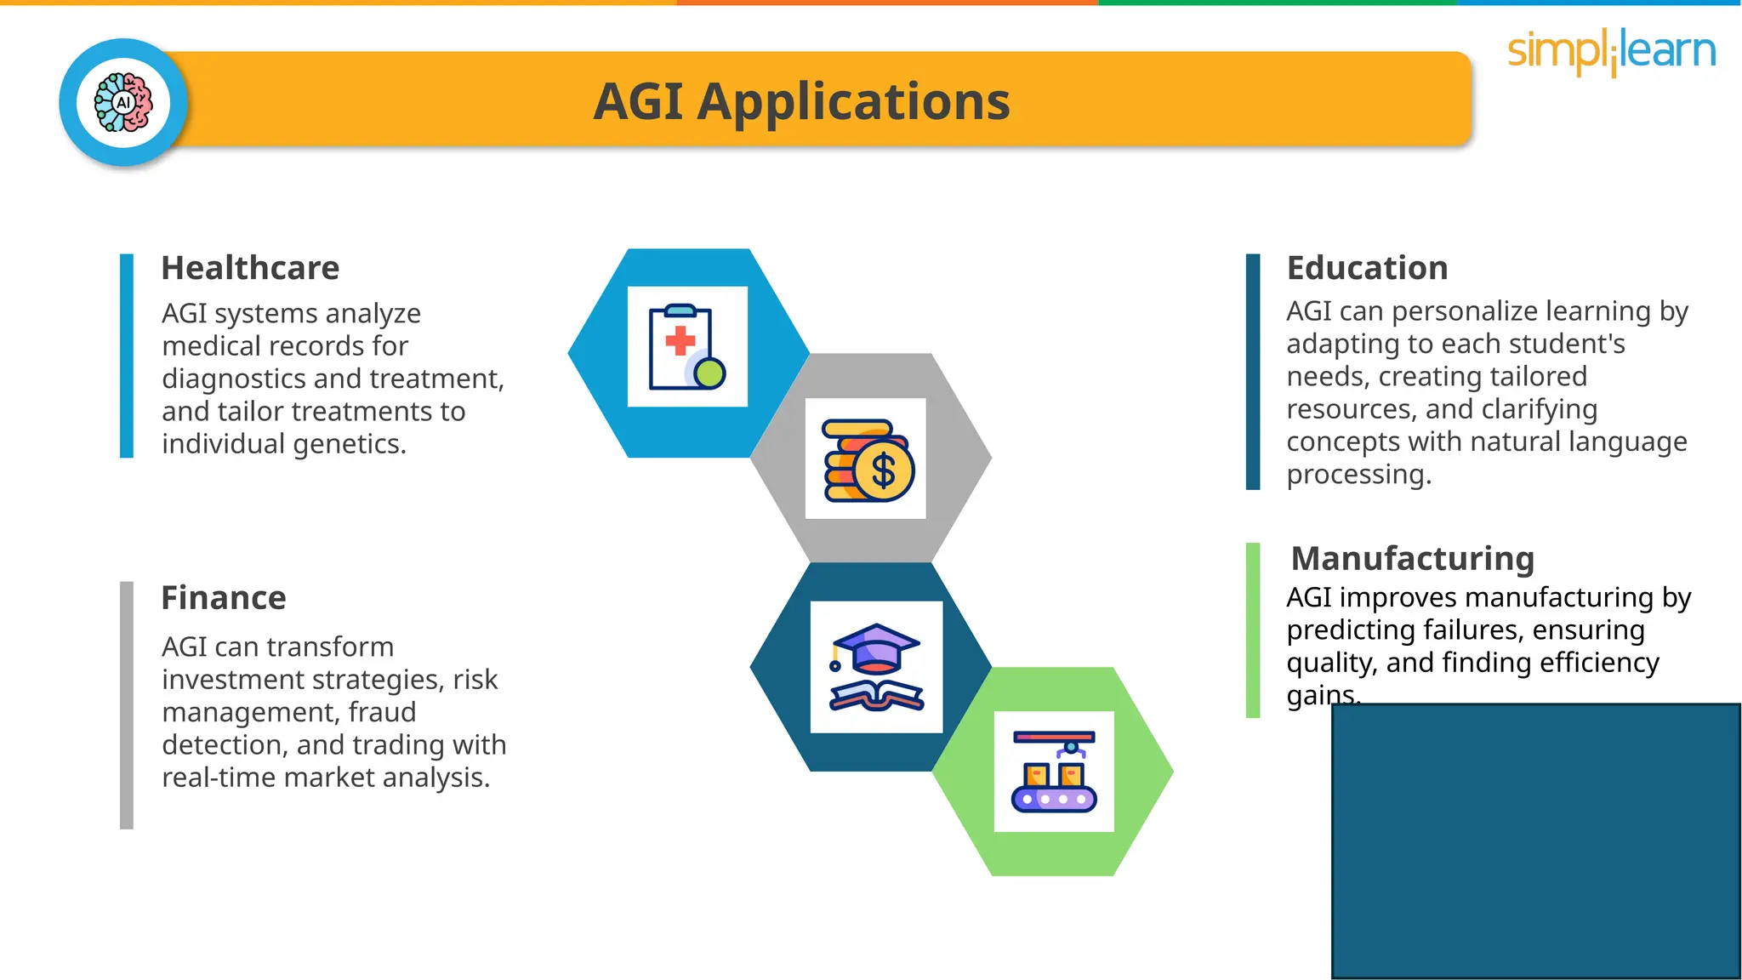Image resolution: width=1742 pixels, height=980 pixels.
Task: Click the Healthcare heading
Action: (x=250, y=268)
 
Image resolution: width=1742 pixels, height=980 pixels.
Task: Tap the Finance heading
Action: (x=224, y=598)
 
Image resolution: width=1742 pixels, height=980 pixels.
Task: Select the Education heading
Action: (x=1367, y=268)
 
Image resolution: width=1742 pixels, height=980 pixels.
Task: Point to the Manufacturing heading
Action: (x=1412, y=559)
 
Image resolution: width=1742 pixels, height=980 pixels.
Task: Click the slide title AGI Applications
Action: (x=801, y=101)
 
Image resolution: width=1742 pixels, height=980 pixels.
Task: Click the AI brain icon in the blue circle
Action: (x=124, y=102)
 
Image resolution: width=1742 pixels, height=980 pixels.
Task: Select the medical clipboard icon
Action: (x=687, y=347)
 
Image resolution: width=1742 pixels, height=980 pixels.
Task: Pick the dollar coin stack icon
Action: (x=867, y=459)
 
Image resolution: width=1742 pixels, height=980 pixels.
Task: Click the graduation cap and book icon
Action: (x=876, y=667)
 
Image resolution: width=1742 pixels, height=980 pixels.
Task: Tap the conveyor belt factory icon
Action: (x=1054, y=772)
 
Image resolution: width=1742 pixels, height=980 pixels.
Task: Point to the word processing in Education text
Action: (x=1358, y=475)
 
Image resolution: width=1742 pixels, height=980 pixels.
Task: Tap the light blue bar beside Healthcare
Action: (x=127, y=356)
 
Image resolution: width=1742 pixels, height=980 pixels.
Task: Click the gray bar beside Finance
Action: (x=127, y=704)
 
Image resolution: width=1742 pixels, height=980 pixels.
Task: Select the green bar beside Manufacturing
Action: (x=1252, y=630)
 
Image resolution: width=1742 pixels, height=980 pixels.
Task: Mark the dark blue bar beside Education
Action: (x=1252, y=372)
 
